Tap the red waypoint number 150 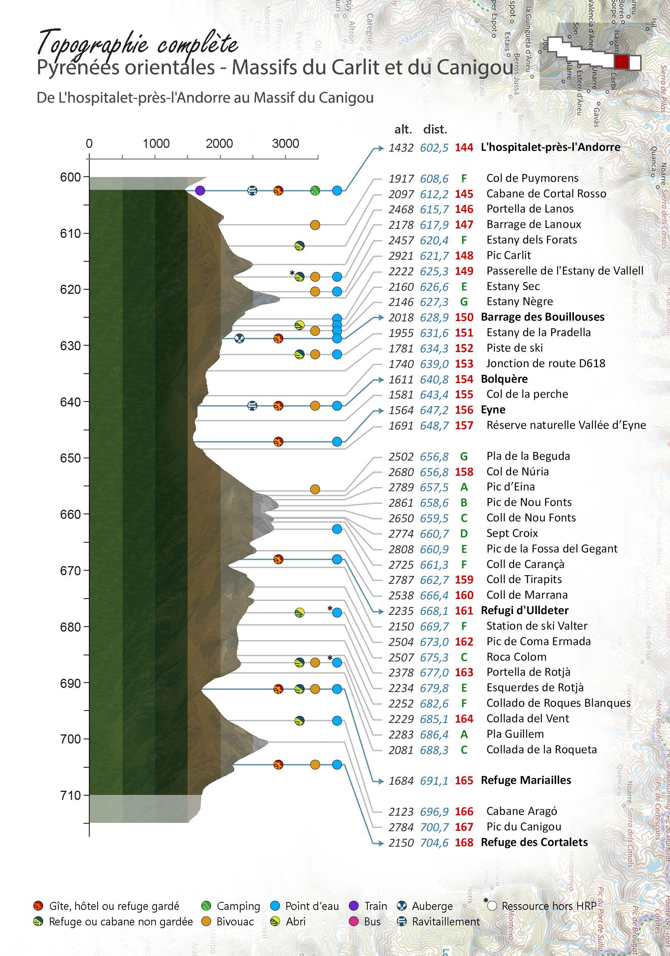(464, 317)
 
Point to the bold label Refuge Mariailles (526, 780)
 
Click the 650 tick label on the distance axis (70, 458)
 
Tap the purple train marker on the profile (200, 191)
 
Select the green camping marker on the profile (315, 191)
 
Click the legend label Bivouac (235, 922)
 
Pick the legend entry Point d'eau (312, 906)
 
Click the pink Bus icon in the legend (354, 921)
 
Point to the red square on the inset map (621, 62)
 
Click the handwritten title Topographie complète (137, 44)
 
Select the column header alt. (403, 129)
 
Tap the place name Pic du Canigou (523, 827)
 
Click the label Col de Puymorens (532, 178)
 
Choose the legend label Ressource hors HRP (549, 906)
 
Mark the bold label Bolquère (504, 379)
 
